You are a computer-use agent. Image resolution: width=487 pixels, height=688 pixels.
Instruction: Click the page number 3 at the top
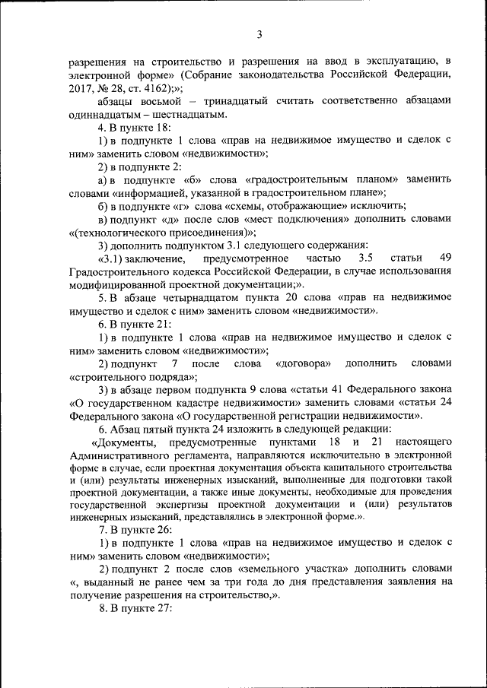coord(259,34)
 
